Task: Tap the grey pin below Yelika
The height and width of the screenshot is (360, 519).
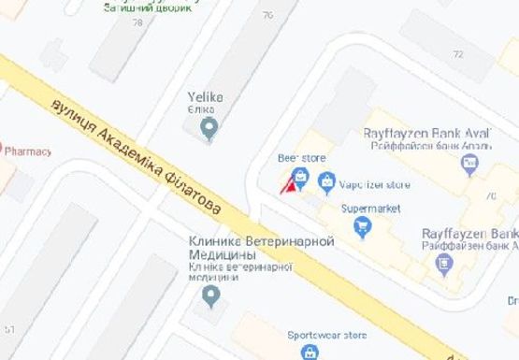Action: point(209,130)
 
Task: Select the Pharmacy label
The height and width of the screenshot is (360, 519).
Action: point(28,150)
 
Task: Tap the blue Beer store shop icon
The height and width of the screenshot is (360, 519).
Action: point(302,178)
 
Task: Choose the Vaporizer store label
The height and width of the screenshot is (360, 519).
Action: point(374,184)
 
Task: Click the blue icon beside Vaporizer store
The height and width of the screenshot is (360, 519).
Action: point(327,181)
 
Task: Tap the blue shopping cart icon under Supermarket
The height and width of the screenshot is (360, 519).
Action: point(363,227)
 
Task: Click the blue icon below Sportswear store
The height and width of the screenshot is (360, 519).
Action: point(309,353)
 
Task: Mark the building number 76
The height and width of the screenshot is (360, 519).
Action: point(269,15)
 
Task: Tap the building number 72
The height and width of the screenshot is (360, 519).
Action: point(458,54)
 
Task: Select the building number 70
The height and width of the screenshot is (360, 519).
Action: point(490,195)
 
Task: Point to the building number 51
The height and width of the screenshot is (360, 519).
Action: point(9,329)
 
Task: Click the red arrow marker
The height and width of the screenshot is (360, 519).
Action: point(289,186)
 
